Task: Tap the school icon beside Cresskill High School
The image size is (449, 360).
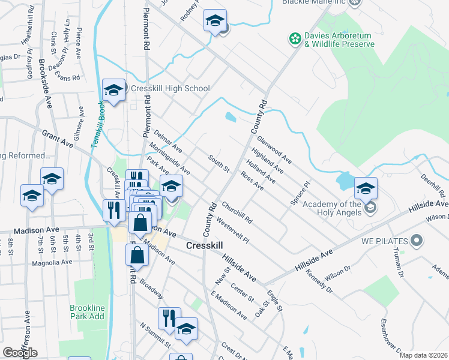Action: click(113, 91)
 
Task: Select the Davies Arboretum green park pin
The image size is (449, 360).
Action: click(295, 40)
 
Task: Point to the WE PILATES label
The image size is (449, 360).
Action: click(385, 241)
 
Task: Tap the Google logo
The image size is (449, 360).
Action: click(20, 353)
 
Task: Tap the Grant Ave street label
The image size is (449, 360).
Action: click(58, 142)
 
